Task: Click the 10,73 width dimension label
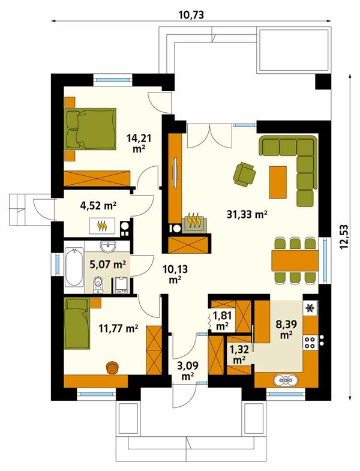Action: pos(191,14)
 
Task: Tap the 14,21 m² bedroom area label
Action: pos(139,143)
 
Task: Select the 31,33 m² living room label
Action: pos(247,214)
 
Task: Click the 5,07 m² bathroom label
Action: pos(108,265)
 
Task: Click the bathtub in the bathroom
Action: pos(74,267)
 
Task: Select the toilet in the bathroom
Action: pos(98,285)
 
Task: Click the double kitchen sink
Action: pos(286,380)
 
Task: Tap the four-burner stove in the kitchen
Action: pos(310,343)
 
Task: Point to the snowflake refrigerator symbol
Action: pos(310,308)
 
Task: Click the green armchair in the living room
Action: pos(244,174)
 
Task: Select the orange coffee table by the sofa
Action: pos(278,182)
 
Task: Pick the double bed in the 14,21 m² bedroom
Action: pos(90,128)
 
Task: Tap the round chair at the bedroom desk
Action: pos(112,368)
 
